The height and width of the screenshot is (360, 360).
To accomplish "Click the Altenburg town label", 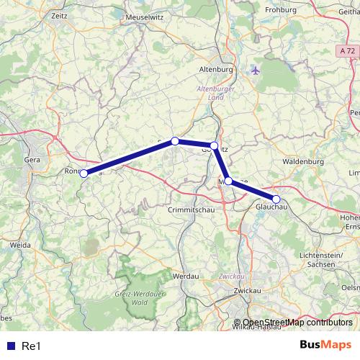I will [x=215, y=69].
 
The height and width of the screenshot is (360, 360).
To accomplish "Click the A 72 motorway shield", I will [x=347, y=51].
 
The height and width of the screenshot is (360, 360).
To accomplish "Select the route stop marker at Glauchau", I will [x=276, y=199].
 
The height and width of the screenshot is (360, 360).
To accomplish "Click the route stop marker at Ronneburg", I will [x=84, y=174].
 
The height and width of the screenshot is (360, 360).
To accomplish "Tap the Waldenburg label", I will [x=305, y=162].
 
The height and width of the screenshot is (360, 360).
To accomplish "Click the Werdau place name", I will [x=186, y=275].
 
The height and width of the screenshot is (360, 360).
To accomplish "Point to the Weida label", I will [x=20, y=245].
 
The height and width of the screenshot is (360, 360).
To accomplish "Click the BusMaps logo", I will [x=326, y=343].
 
